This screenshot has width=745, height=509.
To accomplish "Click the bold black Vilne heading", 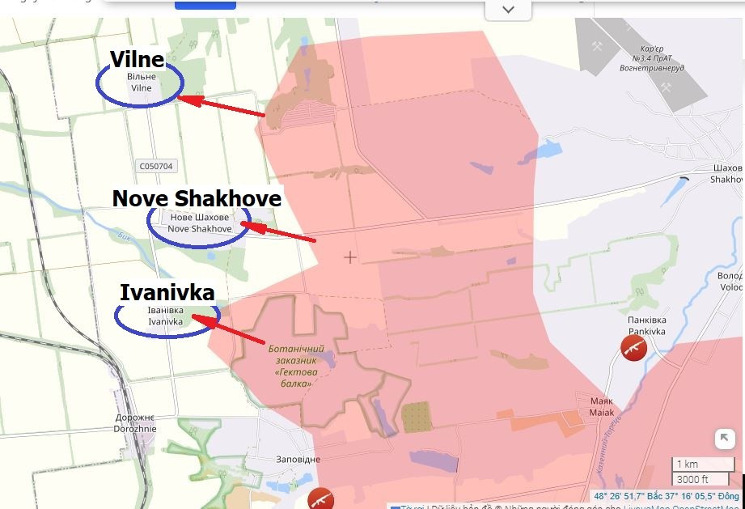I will [x=138, y=59].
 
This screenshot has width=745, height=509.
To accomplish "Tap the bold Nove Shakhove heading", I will [x=197, y=198].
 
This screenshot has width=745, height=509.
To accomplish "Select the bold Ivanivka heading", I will [x=167, y=292].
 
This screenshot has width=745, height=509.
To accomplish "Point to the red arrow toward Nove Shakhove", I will [x=279, y=232].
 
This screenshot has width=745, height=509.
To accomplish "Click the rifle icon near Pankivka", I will [x=633, y=347].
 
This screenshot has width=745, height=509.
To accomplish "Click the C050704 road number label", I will [x=156, y=166].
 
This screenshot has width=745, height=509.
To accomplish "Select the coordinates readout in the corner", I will [x=666, y=496].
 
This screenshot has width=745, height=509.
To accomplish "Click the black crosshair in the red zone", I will [x=349, y=257].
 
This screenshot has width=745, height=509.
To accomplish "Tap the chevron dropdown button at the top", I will [x=508, y=10].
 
